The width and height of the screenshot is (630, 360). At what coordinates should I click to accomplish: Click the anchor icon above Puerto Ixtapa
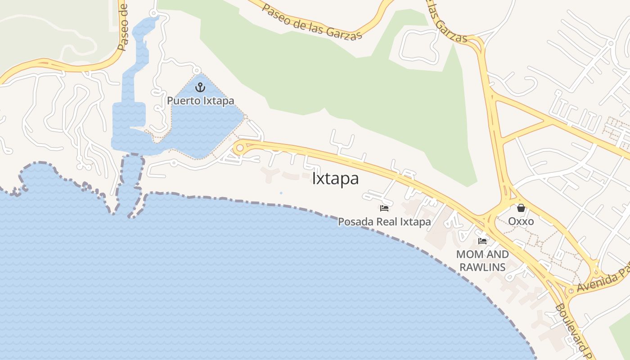click(200, 87)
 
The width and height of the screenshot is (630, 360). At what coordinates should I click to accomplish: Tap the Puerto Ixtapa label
click(201, 100)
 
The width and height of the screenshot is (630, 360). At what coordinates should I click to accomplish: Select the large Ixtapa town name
click(335, 179)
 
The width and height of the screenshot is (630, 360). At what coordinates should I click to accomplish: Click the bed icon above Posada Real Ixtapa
click(384, 208)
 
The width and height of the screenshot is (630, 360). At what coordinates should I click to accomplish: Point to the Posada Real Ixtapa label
click(384, 221)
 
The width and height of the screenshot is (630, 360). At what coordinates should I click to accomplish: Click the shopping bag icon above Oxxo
click(521, 208)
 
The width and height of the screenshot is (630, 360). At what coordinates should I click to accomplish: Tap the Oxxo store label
click(521, 221)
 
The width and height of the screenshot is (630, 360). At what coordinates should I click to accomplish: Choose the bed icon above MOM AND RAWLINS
click(482, 241)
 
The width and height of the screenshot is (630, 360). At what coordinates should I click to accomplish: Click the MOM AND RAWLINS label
click(482, 261)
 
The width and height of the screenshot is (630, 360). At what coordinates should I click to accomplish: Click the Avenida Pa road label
click(603, 281)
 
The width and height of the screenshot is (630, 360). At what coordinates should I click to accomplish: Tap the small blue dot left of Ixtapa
click(281, 193)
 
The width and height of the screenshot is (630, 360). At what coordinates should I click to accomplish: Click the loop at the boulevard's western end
click(240, 148)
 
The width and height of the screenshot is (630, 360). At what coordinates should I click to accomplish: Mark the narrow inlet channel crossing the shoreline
click(130, 184)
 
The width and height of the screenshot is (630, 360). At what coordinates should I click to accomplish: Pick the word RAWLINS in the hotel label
click(482, 267)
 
